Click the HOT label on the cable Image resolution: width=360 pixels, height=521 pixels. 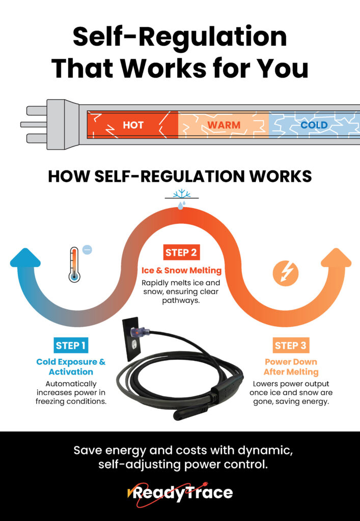(x=133, y=125)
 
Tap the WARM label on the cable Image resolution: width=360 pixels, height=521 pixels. (x=224, y=125)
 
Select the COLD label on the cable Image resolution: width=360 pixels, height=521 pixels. (x=314, y=125)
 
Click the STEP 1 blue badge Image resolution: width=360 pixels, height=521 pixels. (x=71, y=345)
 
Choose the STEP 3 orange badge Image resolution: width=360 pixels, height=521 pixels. (x=290, y=346)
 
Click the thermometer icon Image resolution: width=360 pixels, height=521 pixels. (x=75, y=264)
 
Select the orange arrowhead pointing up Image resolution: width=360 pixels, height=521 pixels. (x=336, y=258)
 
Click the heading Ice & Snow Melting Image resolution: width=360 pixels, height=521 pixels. (x=182, y=270)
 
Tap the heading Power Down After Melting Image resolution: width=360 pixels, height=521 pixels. (x=290, y=367)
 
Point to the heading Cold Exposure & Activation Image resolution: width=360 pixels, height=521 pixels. (x=71, y=367)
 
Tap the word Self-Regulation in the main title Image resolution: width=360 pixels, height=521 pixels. (x=180, y=38)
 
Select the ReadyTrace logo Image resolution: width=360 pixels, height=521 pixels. (x=180, y=493)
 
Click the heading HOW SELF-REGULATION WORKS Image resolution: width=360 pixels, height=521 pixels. (x=180, y=176)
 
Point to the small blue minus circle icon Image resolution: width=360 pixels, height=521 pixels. (x=87, y=250)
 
